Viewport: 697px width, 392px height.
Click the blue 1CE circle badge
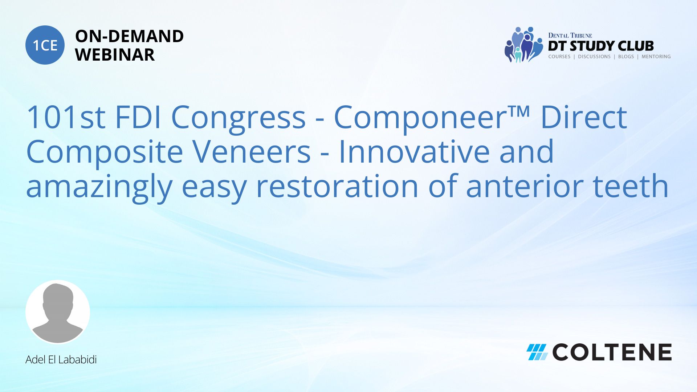point(45,45)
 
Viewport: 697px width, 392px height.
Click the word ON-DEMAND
point(129,36)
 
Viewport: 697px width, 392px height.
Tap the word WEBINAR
point(115,55)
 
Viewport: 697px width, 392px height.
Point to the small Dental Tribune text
point(570,35)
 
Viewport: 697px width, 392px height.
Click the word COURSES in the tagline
point(559,57)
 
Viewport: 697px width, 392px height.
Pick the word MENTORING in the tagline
point(656,57)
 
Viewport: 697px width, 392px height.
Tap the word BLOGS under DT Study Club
point(626,57)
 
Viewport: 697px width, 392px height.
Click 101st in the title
point(66,117)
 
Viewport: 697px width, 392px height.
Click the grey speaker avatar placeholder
point(58,312)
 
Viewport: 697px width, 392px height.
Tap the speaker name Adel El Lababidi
point(61,360)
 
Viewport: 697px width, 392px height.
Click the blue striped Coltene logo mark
point(537,352)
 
